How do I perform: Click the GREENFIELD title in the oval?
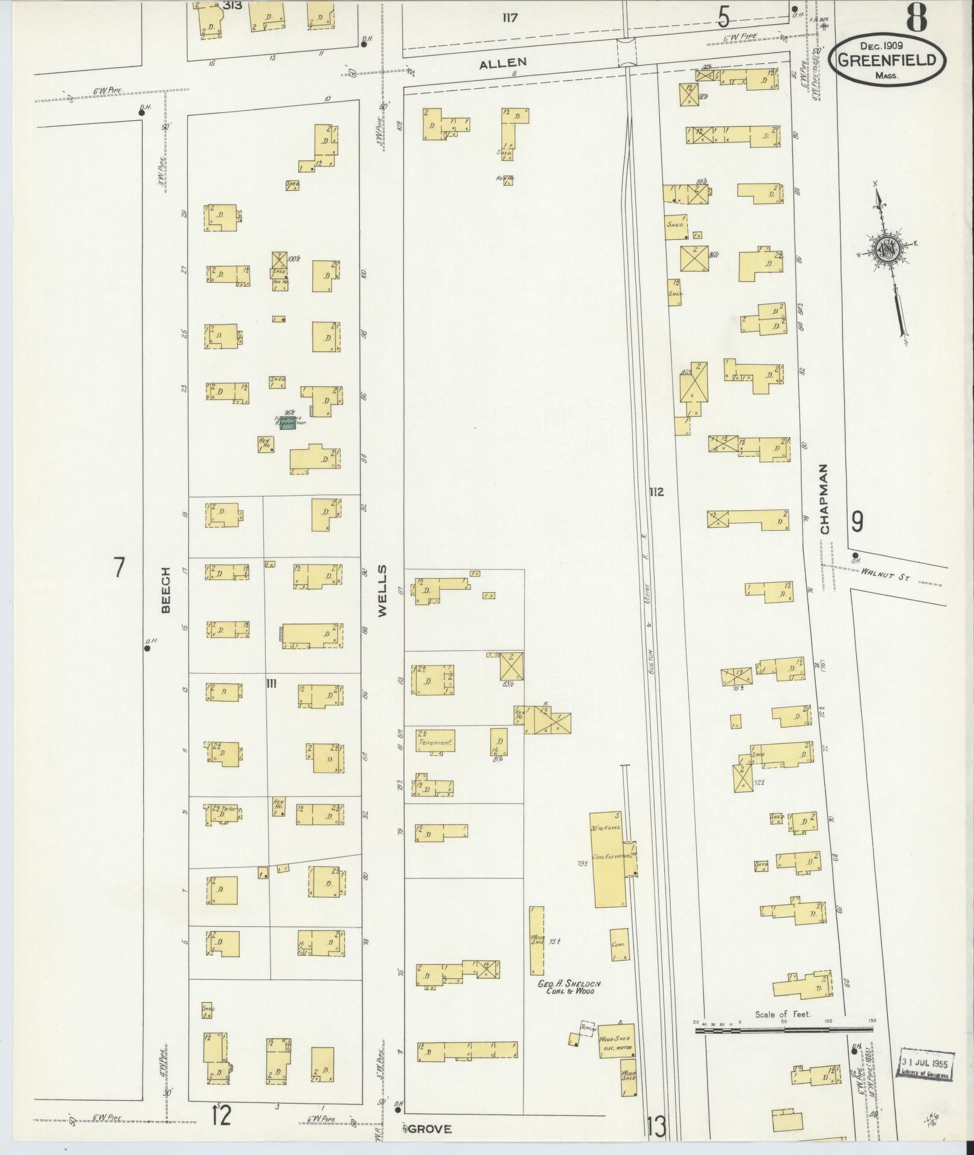pyautogui.click(x=887, y=60)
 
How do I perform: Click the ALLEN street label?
pyautogui.click(x=503, y=62)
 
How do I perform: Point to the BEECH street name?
pyautogui.click(x=166, y=590)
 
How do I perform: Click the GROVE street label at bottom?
pyautogui.click(x=429, y=1128)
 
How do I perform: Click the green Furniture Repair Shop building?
pyautogui.click(x=288, y=424)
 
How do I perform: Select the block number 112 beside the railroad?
pyautogui.click(x=656, y=492)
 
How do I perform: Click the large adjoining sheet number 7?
pyautogui.click(x=119, y=568)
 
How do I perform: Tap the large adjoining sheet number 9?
pyautogui.click(x=857, y=521)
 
